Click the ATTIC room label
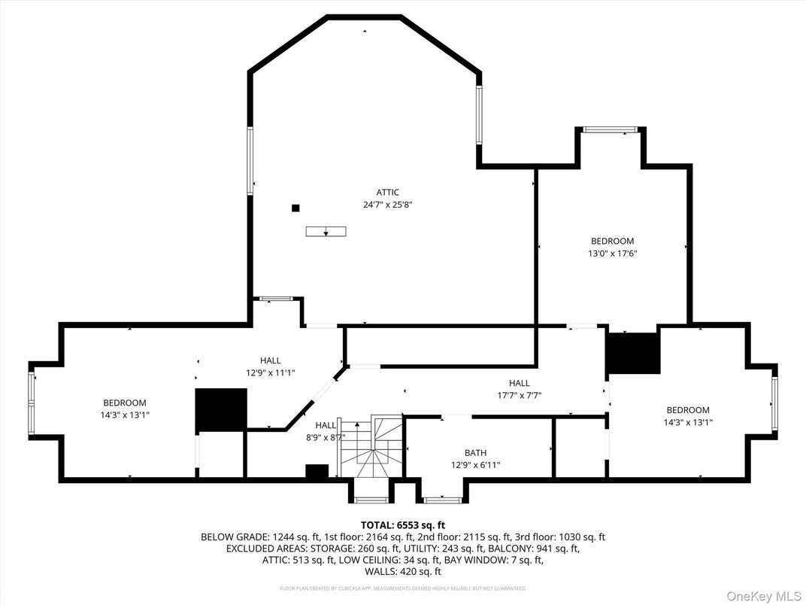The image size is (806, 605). pyautogui.click(x=388, y=192)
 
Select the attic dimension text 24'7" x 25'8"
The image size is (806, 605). pyautogui.click(x=388, y=204)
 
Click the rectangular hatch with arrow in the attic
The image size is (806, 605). pyautogui.click(x=326, y=231)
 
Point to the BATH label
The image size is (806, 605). pyautogui.click(x=475, y=452)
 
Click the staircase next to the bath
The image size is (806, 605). pyautogui.click(x=372, y=448)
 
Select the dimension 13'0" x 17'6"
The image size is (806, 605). pyautogui.click(x=612, y=254)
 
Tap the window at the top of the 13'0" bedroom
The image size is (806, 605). pyautogui.click(x=611, y=129)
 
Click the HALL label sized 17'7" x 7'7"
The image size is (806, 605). pyautogui.click(x=519, y=382)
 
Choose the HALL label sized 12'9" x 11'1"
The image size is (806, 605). pyautogui.click(x=271, y=360)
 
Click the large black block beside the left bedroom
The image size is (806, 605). pyautogui.click(x=221, y=410)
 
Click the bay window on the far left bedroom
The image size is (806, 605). pyautogui.click(x=32, y=403)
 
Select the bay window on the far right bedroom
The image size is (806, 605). pyautogui.click(x=774, y=403)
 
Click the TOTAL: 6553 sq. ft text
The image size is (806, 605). pyautogui.click(x=403, y=524)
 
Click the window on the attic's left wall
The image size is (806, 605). pyautogui.click(x=250, y=161)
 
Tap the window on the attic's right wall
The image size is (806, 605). pyautogui.click(x=479, y=114)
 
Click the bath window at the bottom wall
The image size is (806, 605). pyautogui.click(x=442, y=499)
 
